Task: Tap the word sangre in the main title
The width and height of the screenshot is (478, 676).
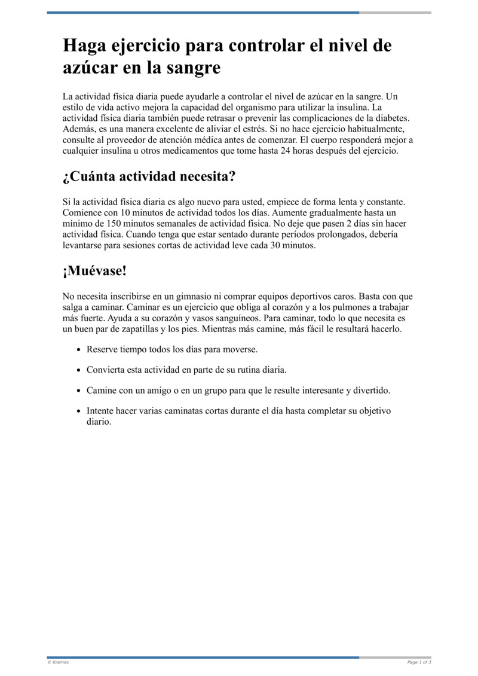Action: coord(191,68)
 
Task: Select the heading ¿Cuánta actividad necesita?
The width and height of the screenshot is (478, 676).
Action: coord(149,176)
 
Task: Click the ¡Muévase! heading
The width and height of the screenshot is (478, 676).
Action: coord(94,271)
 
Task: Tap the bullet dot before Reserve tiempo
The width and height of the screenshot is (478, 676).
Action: coord(78,349)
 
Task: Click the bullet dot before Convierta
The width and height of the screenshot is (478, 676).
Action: coord(78,370)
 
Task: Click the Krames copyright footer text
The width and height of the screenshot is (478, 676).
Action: coord(58,662)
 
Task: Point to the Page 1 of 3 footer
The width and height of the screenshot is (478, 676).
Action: coord(419,662)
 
